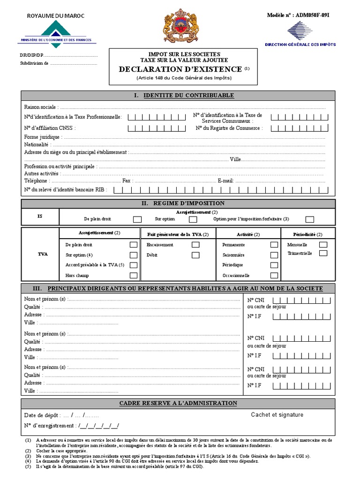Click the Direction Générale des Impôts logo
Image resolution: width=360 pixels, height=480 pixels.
pyautogui.click(x=300, y=33)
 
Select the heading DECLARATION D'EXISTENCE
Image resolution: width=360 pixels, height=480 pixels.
pyautogui.click(x=180, y=69)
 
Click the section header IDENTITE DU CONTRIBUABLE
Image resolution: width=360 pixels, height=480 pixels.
pyautogui.click(x=183, y=96)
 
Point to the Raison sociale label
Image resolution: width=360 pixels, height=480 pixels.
pyautogui.click(x=40, y=107)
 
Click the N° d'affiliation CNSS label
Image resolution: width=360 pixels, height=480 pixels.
pyautogui.click(x=50, y=128)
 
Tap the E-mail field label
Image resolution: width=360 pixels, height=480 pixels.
pyautogui.click(x=225, y=180)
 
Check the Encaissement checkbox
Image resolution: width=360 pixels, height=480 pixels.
pyautogui.click(x=195, y=245)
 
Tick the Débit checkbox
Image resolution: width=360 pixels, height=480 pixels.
pyautogui.click(x=195, y=255)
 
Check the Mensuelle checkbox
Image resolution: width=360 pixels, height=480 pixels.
pyautogui.click(x=323, y=245)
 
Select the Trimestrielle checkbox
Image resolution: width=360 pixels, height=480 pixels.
pyautogui.click(x=323, y=253)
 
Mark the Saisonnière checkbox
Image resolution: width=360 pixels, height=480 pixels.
pyautogui.click(x=274, y=255)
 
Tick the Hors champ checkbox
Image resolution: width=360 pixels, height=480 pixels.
pyautogui.click(x=134, y=276)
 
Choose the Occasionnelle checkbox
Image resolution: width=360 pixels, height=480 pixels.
pyautogui.click(x=274, y=276)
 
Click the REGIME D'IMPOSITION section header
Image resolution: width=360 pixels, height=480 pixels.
pyautogui.click(x=183, y=203)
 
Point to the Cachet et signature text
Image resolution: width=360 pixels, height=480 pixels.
pyautogui.click(x=277, y=414)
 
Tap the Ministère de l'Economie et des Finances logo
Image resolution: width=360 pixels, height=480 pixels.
pyautogui.click(x=56, y=33)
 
